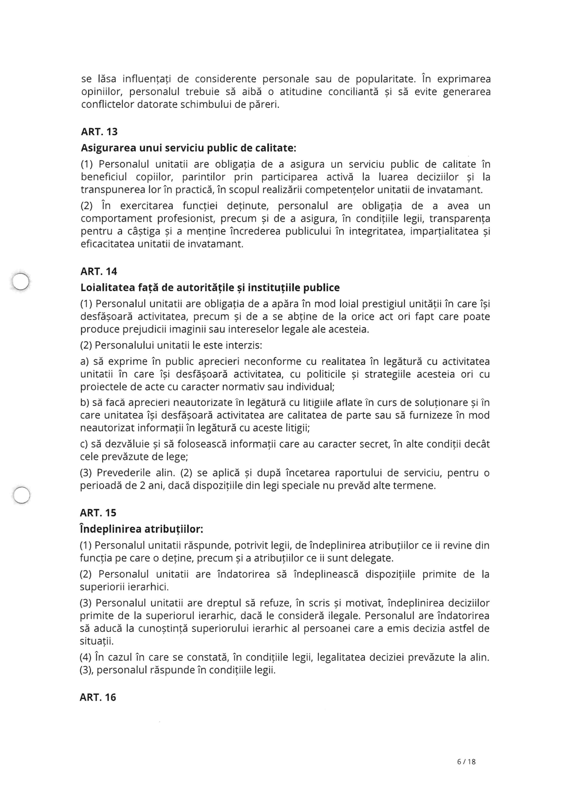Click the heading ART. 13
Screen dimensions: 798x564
pos(99,132)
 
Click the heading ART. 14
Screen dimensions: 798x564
pos(99,272)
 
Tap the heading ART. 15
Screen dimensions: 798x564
pos(98,513)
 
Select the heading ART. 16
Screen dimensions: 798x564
pos(98,697)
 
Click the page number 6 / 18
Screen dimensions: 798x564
pos(466,762)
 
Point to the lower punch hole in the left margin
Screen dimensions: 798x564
pos(21,495)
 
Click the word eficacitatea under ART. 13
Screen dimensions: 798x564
pos(107,244)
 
